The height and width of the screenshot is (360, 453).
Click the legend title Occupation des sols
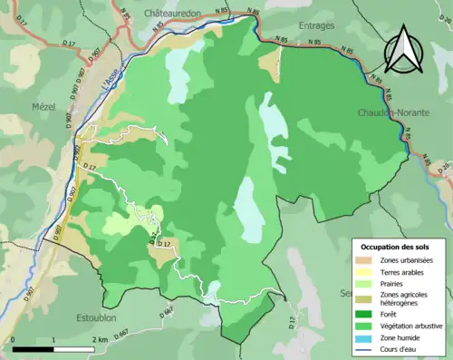tap(396, 247)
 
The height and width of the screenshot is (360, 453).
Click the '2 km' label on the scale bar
tap(101, 338)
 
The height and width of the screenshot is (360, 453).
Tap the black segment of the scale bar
tap(34, 347)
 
